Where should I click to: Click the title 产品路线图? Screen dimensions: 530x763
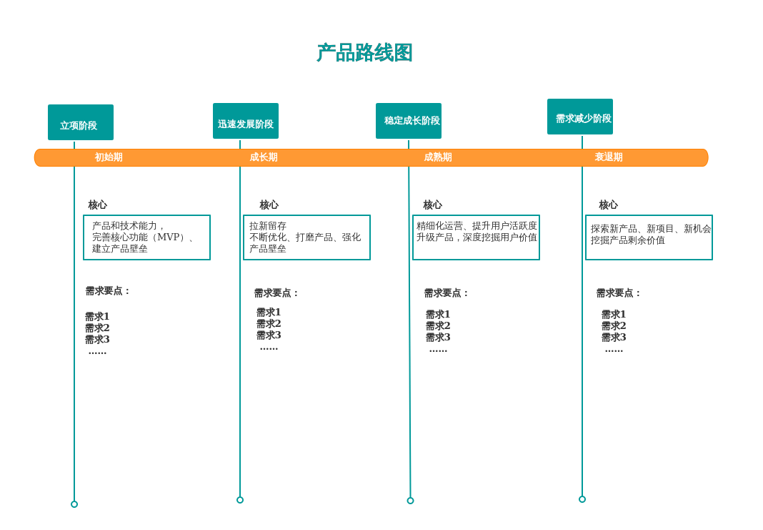click(364, 53)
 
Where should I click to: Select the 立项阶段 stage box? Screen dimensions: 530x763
click(81, 122)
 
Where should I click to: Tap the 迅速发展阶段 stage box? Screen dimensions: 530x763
click(246, 121)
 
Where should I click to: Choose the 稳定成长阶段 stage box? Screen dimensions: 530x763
click(409, 121)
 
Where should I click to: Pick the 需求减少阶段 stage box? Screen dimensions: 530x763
click(580, 117)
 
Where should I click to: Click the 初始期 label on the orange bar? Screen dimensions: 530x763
click(109, 157)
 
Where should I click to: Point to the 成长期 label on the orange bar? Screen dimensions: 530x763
click(264, 157)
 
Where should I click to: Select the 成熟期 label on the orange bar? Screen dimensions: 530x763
click(437, 157)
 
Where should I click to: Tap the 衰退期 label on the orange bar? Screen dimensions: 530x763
click(609, 157)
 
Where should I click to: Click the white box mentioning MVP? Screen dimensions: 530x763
click(147, 237)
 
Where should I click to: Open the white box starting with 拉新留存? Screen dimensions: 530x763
click(306, 237)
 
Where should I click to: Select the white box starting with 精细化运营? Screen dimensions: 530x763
click(476, 237)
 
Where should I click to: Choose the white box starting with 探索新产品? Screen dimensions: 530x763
click(649, 237)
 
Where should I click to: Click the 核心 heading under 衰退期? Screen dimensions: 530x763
click(608, 205)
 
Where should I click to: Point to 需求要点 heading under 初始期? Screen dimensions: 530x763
click(109, 291)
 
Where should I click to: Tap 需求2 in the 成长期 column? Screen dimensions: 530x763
click(269, 324)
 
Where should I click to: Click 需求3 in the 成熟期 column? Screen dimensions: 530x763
click(438, 338)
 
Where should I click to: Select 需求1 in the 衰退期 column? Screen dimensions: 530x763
click(613, 315)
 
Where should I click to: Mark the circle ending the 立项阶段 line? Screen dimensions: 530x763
click(74, 504)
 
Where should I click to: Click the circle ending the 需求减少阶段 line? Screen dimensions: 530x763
click(582, 499)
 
